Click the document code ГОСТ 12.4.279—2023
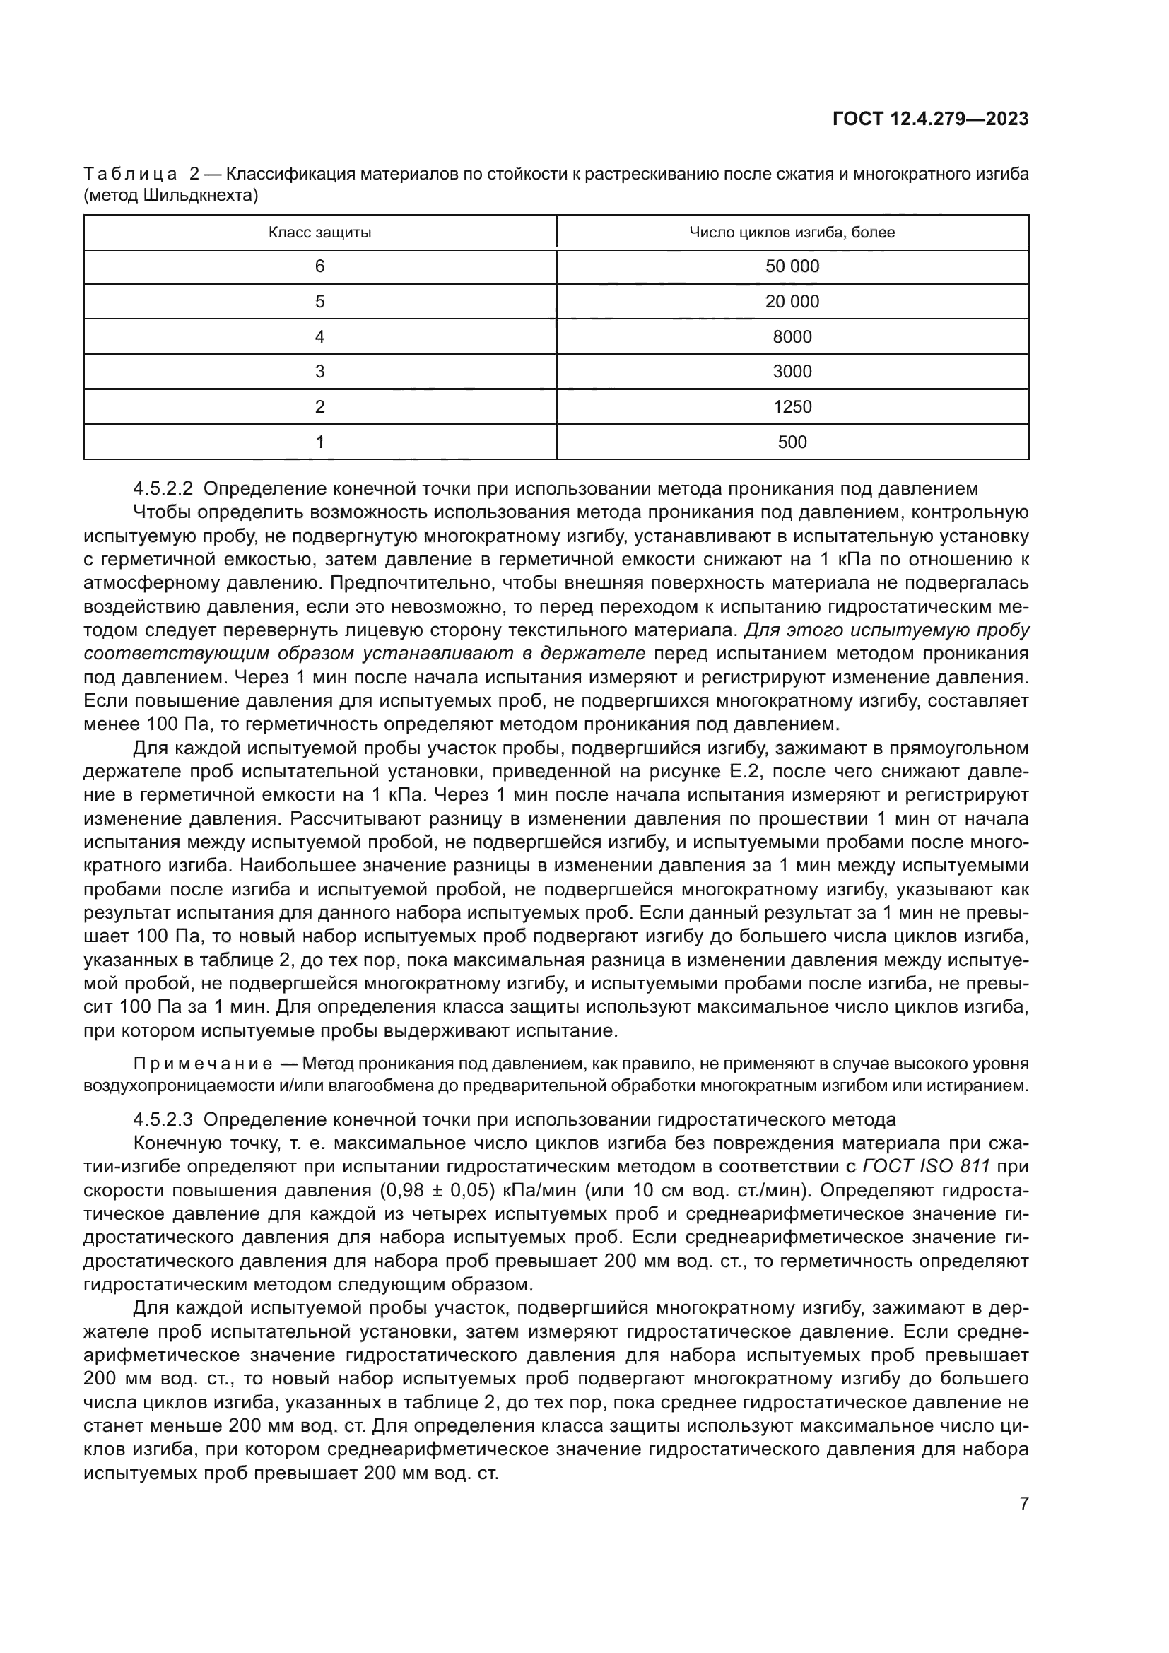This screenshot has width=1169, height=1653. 930,119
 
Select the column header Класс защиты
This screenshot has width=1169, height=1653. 319,233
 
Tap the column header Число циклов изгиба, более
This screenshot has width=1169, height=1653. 792,233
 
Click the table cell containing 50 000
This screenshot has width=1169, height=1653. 792,266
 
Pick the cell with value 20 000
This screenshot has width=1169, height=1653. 792,302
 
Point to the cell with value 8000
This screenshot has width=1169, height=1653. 792,337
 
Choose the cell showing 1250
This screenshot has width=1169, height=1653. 792,407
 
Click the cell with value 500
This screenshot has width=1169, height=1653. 792,442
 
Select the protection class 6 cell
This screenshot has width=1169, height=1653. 319,266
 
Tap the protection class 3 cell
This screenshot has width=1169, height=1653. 319,372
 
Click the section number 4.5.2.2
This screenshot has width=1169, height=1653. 163,489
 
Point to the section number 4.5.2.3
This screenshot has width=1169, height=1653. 163,1119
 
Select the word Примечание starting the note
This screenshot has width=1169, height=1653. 203,1064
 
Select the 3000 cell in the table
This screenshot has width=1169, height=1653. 792,372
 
